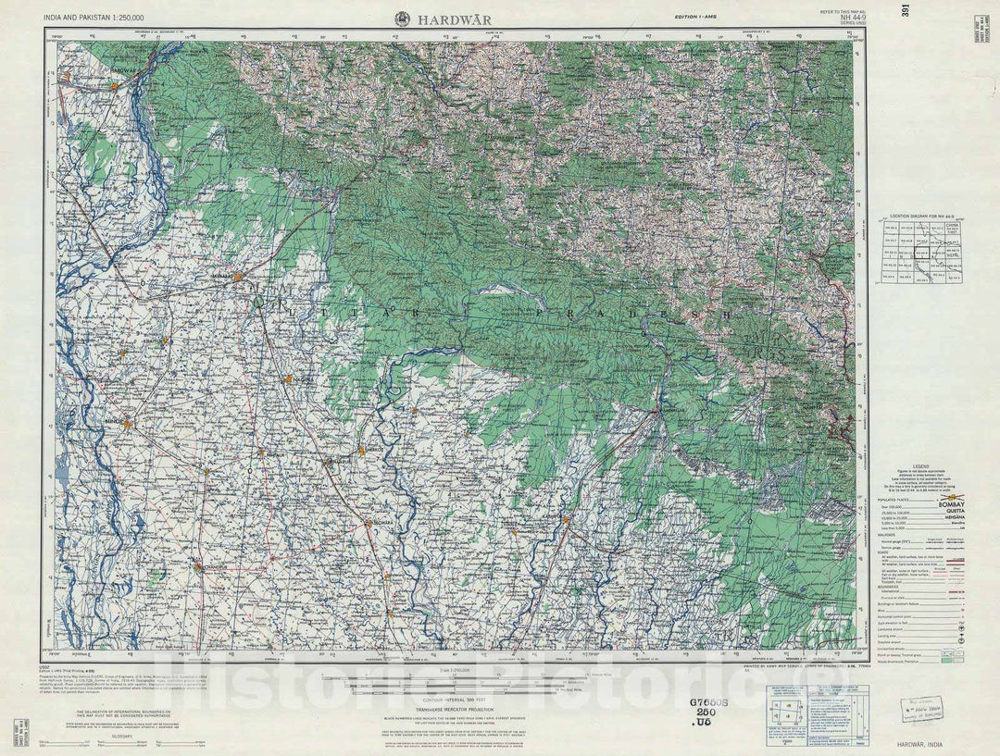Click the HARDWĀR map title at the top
tap(455, 19)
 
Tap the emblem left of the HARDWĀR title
tap(403, 18)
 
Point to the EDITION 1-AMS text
tap(695, 18)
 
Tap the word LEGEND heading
tap(920, 466)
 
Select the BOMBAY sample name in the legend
tap(951, 504)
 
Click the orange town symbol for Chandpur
tap(197, 566)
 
